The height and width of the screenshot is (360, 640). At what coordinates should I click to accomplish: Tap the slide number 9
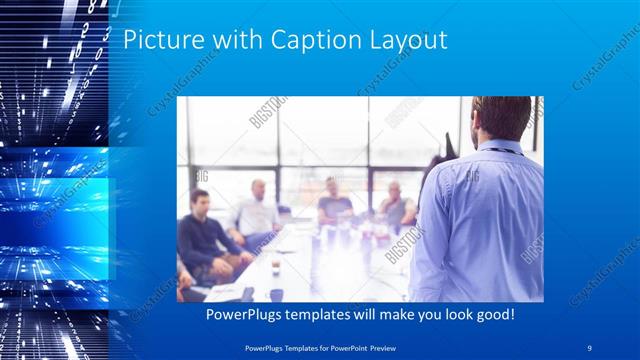(590, 347)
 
